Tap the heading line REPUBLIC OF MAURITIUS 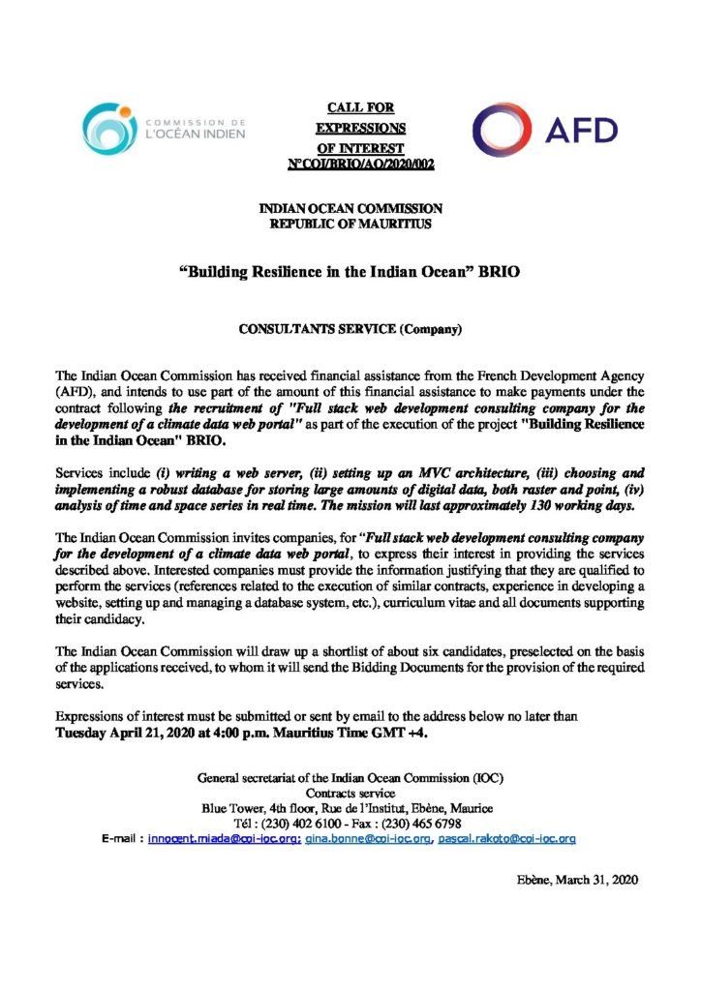point(350,225)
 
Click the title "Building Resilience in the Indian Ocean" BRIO point(350,273)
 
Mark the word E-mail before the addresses point(121,839)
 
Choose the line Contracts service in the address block point(350,793)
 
